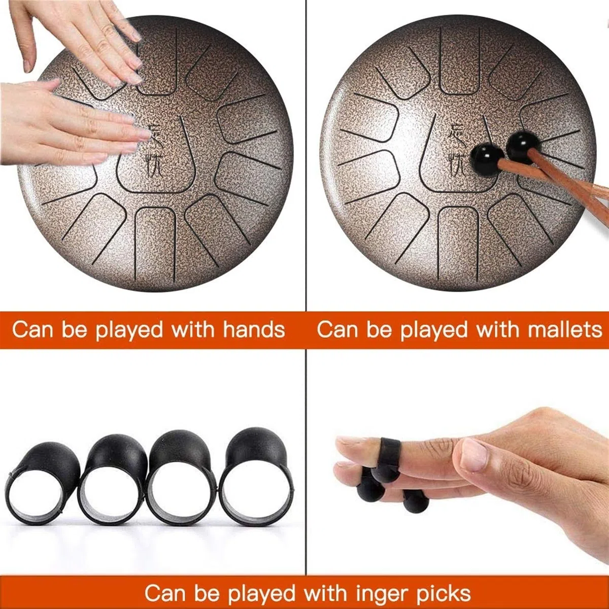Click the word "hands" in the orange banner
pos(254,330)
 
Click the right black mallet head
pos(520,148)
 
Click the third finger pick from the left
pos(183,479)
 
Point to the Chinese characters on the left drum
pos(155,150)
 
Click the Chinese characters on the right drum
pos(457,150)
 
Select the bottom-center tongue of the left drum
pos(155,244)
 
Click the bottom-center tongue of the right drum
pos(458,244)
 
